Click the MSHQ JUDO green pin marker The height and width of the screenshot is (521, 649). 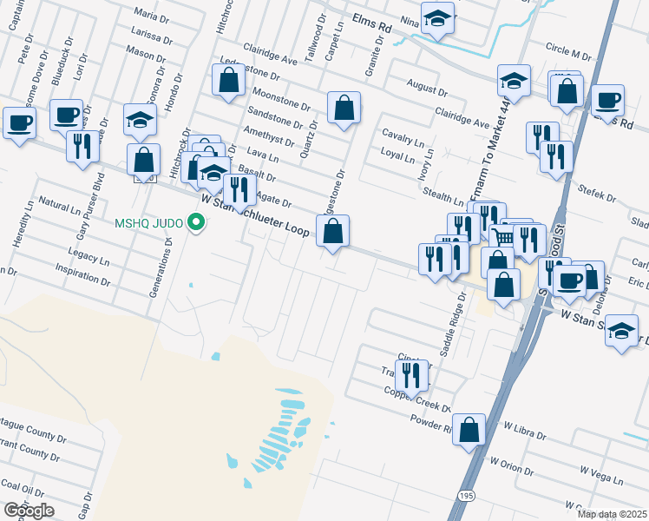pos(196,224)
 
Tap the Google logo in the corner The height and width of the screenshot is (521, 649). pos(29,510)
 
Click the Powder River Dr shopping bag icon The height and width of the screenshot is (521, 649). pos(469,430)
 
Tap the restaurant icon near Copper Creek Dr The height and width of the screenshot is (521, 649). pos(411,376)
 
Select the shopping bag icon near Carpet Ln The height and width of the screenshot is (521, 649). pos(344,109)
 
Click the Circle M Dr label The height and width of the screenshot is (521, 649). pos(568,49)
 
